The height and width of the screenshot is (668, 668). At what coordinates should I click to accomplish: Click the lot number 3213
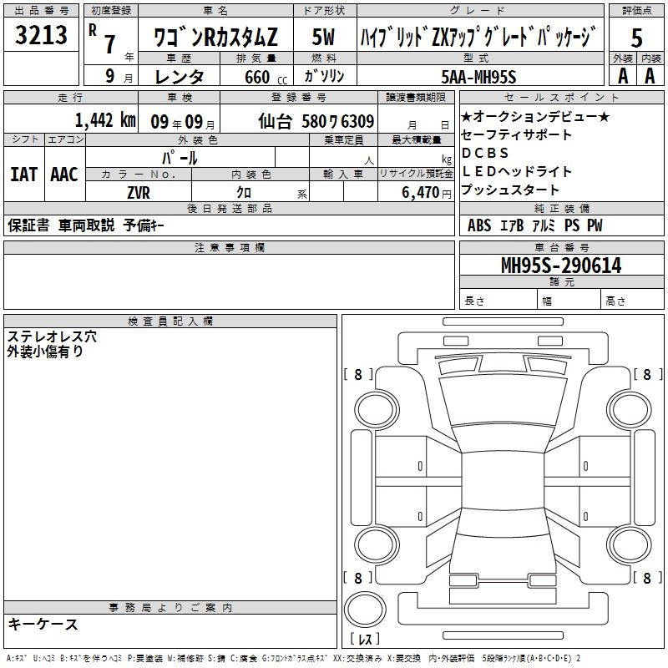click(41, 35)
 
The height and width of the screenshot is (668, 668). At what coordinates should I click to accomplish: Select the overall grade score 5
click(636, 38)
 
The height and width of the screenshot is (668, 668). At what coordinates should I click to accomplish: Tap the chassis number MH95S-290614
click(561, 266)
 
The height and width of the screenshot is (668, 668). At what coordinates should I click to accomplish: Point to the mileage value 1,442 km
click(105, 120)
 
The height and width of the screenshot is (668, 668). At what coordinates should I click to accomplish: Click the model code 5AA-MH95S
click(478, 77)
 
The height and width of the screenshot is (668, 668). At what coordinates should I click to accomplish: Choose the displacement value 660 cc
click(266, 77)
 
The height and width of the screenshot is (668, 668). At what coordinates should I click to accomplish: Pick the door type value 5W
click(323, 37)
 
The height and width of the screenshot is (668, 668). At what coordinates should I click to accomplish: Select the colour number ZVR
click(139, 193)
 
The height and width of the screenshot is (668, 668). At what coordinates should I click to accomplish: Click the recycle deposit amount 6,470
click(421, 192)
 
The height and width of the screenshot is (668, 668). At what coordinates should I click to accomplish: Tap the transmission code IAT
click(24, 175)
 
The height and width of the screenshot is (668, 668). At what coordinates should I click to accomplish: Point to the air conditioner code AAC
click(64, 175)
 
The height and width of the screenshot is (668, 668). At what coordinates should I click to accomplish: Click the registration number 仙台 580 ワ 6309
click(316, 121)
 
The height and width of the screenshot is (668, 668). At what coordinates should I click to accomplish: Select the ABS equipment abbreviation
click(479, 225)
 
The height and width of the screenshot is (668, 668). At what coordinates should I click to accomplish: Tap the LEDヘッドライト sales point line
click(516, 171)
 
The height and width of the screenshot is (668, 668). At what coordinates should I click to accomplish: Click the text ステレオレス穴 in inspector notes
click(52, 337)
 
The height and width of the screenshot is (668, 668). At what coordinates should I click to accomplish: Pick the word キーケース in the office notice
click(43, 624)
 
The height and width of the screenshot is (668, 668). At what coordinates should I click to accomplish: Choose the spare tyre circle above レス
click(365, 610)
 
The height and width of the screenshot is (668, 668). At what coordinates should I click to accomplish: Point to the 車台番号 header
click(562, 247)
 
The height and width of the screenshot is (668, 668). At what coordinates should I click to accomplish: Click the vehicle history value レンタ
click(180, 77)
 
